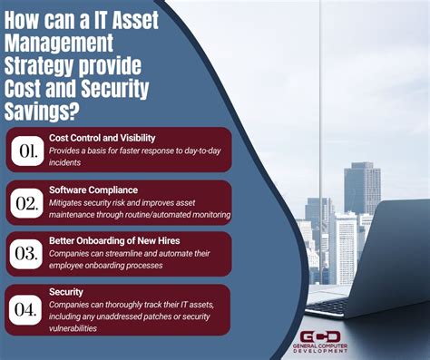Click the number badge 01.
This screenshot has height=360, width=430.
click(26, 149)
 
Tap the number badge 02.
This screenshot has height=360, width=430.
click(26, 203)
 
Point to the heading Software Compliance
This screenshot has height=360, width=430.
click(93, 190)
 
